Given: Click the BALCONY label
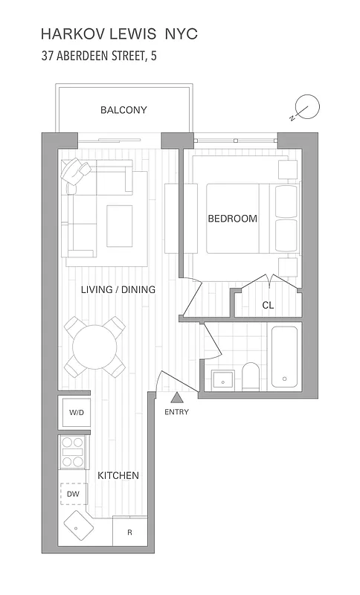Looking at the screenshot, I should click(123, 110).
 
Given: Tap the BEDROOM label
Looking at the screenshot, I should click(232, 219).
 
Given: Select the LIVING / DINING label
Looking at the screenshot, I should click(118, 289).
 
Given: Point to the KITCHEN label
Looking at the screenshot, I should click(117, 475).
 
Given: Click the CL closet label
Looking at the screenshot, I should click(268, 305).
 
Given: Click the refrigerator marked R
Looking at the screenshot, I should click(130, 533).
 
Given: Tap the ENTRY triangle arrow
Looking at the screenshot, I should click(177, 399).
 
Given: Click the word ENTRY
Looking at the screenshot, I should click(177, 412).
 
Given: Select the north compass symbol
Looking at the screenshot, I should click(305, 107).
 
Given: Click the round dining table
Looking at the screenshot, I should click(95, 346).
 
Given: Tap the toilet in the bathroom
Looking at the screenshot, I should click(251, 376).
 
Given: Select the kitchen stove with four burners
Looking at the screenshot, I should click(74, 451).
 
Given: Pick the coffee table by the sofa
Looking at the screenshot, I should click(119, 225).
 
